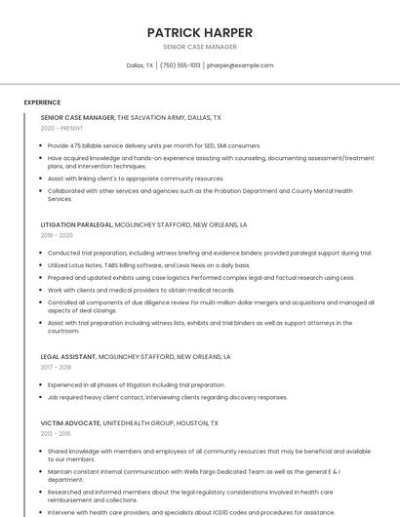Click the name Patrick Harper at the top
pos(199,32)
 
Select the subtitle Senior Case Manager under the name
pos(199,47)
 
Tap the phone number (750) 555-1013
pos(180,65)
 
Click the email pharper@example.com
pos(240,65)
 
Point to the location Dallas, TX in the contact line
pos(140,65)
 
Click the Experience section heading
pos(42,102)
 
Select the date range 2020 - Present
pos(61,129)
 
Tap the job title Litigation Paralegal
pos(76,224)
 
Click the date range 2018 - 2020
pos(57,236)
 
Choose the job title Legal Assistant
pos(67,357)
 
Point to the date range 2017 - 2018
pos(57,368)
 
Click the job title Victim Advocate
pos(70,423)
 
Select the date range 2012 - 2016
pos(56,434)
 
